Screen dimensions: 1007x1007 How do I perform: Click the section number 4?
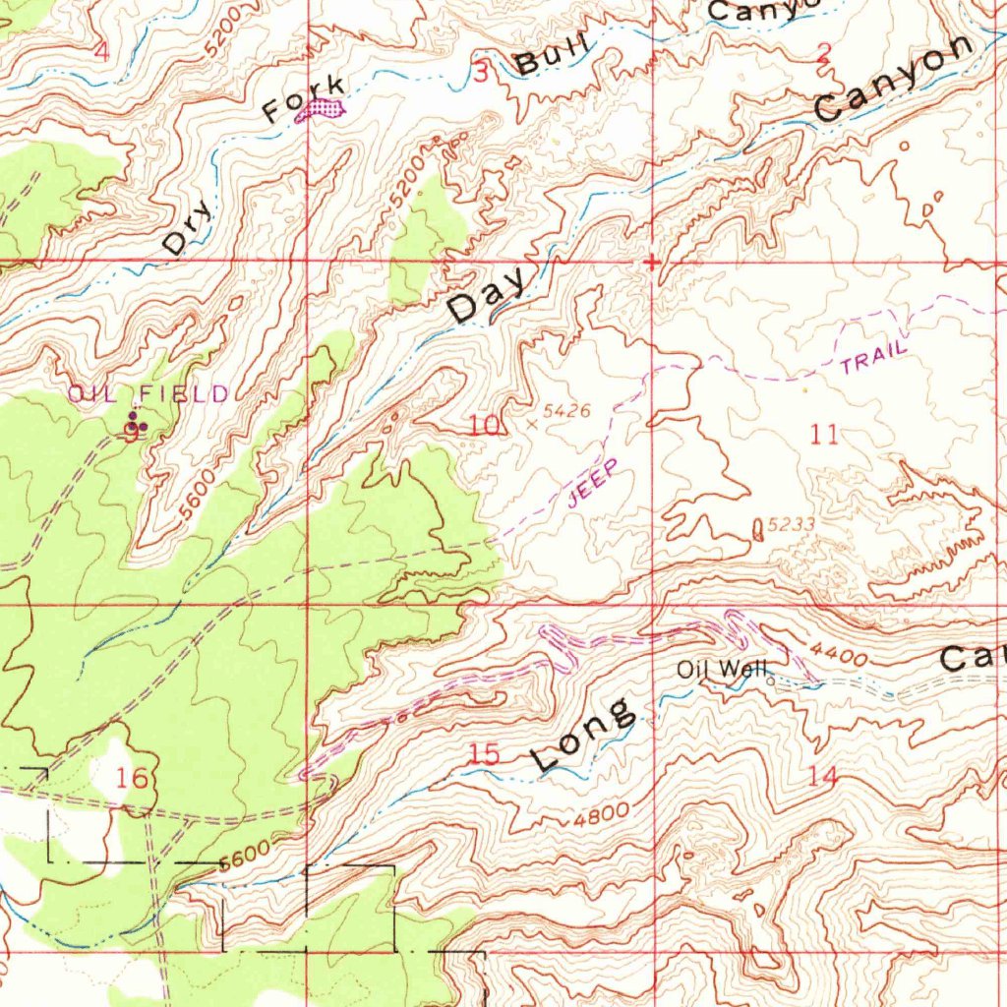pyautogui.click(x=102, y=52)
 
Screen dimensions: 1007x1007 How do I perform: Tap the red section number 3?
pyautogui.click(x=480, y=72)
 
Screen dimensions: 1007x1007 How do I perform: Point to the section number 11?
pyautogui.click(x=825, y=434)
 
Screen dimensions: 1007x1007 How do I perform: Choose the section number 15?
pyautogui.click(x=485, y=754)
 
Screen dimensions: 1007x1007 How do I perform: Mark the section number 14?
pyautogui.click(x=823, y=776)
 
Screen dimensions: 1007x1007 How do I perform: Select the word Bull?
pyautogui.click(x=553, y=58)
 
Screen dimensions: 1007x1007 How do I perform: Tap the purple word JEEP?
pyautogui.click(x=594, y=483)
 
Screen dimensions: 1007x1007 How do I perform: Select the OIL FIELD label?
pyautogui.click(x=148, y=394)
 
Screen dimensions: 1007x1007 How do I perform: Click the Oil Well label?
pyautogui.click(x=721, y=670)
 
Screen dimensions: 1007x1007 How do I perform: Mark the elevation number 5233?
pyautogui.click(x=791, y=525)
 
